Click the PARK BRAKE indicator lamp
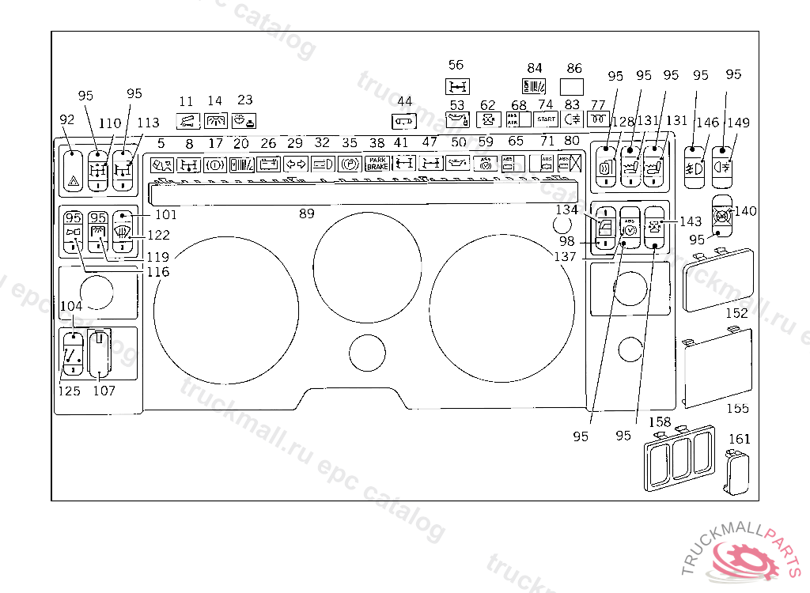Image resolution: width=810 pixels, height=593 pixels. pyautogui.click(x=377, y=164)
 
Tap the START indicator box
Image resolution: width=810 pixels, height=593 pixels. pyautogui.click(x=546, y=119)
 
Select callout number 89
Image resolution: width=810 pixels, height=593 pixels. pyautogui.click(x=306, y=213)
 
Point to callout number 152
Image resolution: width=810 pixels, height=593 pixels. pyautogui.click(x=736, y=313)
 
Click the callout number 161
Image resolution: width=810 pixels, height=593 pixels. pyautogui.click(x=739, y=439)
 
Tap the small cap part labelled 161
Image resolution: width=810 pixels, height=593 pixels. pyautogui.click(x=736, y=472)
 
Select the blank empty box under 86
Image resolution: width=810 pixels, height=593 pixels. pyautogui.click(x=572, y=86)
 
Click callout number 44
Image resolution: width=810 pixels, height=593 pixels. pyautogui.click(x=404, y=101)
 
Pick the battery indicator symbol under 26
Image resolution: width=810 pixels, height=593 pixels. pyautogui.click(x=269, y=164)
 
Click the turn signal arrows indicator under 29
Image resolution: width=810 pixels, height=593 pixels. pyautogui.click(x=295, y=164)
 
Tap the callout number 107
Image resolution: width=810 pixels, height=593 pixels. pyautogui.click(x=104, y=391)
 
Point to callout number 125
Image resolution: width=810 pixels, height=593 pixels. pyautogui.click(x=70, y=391)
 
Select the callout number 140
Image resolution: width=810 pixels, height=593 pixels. pyautogui.click(x=746, y=211)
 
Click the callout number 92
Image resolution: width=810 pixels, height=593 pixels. pyautogui.click(x=67, y=119)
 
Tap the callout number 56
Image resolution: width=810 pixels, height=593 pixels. pyautogui.click(x=456, y=66)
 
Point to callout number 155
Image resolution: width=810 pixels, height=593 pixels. pyautogui.click(x=737, y=408)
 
